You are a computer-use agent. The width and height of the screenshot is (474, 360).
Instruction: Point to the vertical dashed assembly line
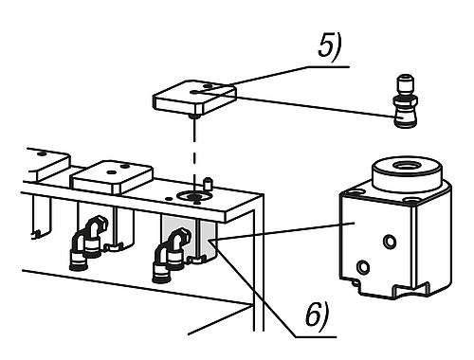click(196, 147)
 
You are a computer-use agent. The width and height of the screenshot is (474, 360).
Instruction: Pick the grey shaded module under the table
click(191, 236)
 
